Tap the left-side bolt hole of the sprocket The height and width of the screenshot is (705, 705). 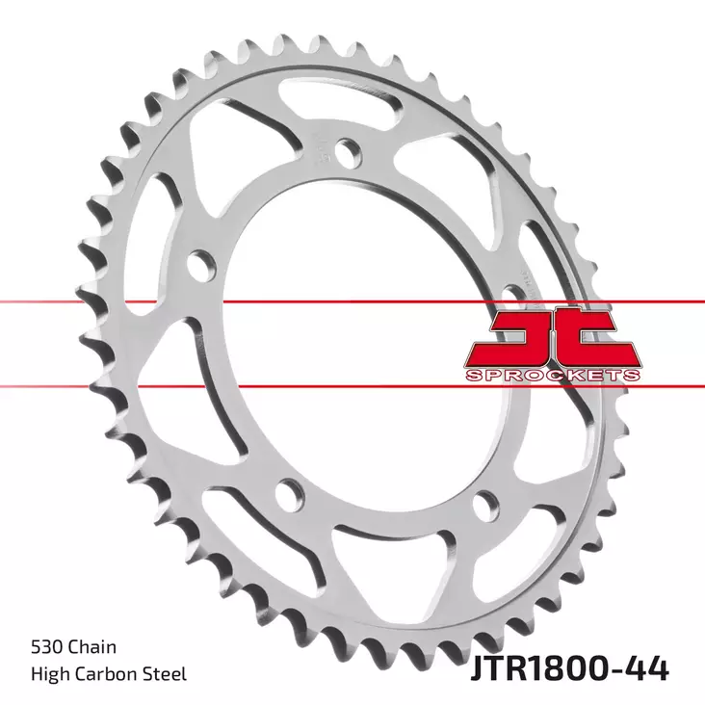coord(200,262)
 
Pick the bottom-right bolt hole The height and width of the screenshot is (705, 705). coord(486,503)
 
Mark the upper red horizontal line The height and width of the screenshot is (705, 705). coord(241,301)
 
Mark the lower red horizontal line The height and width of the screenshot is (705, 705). coord(241,386)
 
